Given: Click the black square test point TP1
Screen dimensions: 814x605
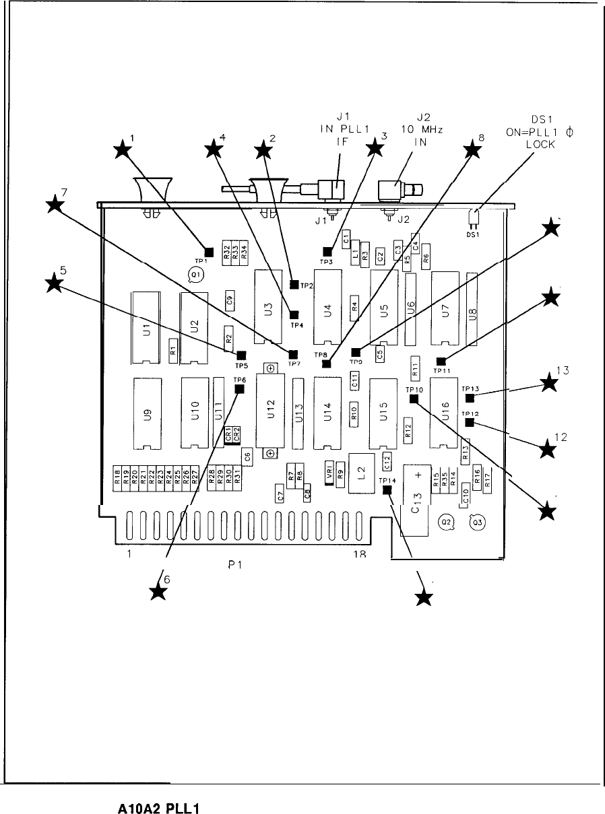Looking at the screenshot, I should pyautogui.click(x=209, y=252).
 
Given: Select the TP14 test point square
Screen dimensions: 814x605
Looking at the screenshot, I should pyautogui.click(x=387, y=490).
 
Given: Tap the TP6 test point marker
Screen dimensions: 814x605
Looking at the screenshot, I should pyautogui.click(x=238, y=388).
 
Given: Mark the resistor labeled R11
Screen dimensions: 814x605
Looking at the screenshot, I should pyautogui.click(x=416, y=368).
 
